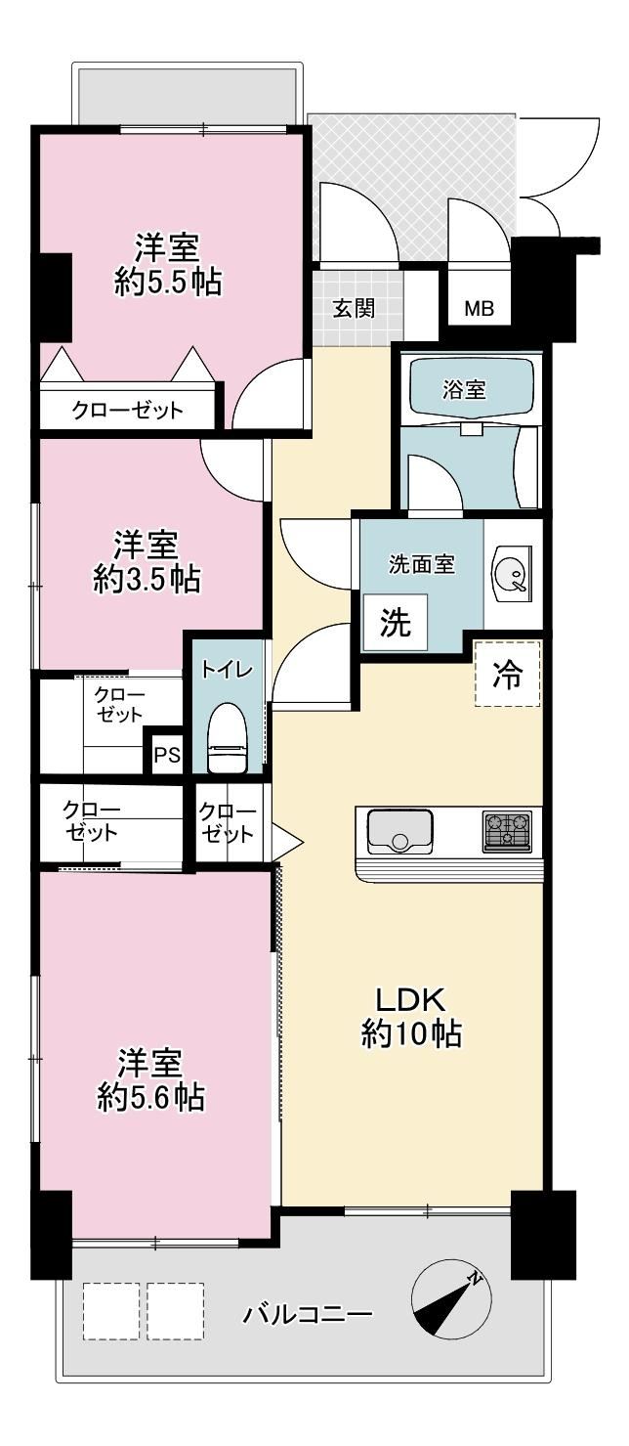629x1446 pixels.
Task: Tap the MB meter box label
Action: pyautogui.click(x=480, y=309)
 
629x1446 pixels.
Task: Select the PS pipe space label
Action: pyautogui.click(x=167, y=755)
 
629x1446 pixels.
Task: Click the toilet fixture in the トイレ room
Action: pyautogui.click(x=229, y=736)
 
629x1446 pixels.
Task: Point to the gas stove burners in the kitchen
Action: pyautogui.click(x=507, y=830)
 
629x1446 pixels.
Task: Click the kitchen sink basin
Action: pyautogui.click(x=399, y=830)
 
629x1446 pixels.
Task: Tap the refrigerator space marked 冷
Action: pyautogui.click(x=508, y=674)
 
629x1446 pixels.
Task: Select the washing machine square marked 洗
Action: pyautogui.click(x=395, y=622)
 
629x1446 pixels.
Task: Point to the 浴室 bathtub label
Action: pyautogui.click(x=464, y=389)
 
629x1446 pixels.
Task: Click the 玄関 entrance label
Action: pyautogui.click(x=354, y=309)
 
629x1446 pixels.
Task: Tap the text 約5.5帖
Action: pyautogui.click(x=168, y=282)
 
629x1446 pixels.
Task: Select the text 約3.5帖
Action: pyautogui.click(x=147, y=579)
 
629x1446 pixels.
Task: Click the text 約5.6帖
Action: pyautogui.click(x=151, y=1097)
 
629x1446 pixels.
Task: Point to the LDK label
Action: pyautogui.click(x=411, y=1000)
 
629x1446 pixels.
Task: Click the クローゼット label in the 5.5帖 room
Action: pyautogui.click(x=127, y=410)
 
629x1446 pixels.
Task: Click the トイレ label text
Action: pyautogui.click(x=227, y=669)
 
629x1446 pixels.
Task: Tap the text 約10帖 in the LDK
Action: pyautogui.click(x=411, y=1034)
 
